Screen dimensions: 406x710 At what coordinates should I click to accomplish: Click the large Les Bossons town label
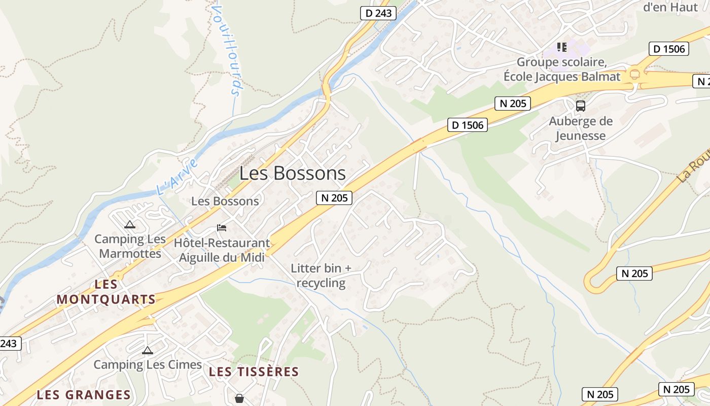coord(293,174)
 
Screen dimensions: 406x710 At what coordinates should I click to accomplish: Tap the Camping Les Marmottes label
coord(130,246)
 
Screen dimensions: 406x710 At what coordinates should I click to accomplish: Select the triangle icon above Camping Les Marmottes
coord(130,224)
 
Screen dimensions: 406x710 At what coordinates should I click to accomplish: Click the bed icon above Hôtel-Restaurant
coord(222,227)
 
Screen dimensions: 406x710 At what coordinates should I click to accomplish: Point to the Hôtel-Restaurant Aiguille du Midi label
coord(222,250)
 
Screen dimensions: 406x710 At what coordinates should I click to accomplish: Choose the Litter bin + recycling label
coord(321,276)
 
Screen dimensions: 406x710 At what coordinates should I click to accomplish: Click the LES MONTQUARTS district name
coord(106,292)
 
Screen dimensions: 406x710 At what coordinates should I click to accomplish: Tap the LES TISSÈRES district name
coord(254,372)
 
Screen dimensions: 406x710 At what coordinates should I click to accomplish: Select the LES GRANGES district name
coord(84,395)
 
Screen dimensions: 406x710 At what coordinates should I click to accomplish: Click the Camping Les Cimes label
coord(148,364)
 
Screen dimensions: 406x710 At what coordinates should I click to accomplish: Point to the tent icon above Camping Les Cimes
coord(148,350)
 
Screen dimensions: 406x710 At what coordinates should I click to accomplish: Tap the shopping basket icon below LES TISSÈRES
coord(239,398)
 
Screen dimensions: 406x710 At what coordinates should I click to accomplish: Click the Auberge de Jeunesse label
coord(581,128)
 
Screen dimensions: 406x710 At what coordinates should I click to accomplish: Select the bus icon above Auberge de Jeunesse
coord(581,106)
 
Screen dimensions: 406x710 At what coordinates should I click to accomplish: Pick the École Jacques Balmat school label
coord(562,70)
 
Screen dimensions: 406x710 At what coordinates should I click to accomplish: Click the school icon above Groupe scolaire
coord(561,47)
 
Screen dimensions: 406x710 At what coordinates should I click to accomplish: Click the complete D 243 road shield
coord(378,13)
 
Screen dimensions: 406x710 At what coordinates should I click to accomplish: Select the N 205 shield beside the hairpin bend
coord(634,274)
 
